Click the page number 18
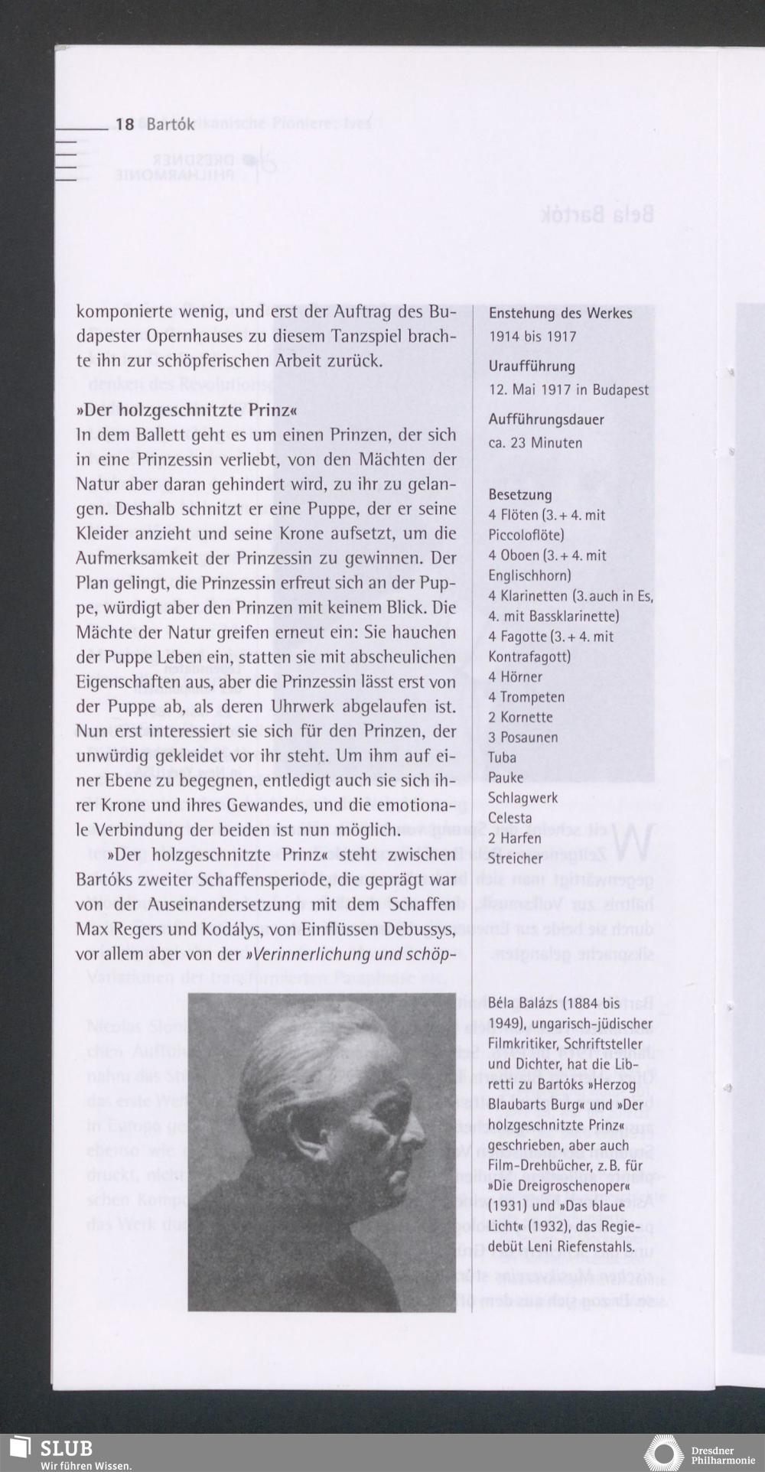(125, 124)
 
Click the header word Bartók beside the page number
(170, 124)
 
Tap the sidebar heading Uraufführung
(532, 366)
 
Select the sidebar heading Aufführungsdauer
(546, 420)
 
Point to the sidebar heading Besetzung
(519, 495)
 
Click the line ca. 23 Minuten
(535, 443)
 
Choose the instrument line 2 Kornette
(520, 718)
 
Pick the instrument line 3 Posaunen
(523, 738)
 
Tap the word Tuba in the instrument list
(502, 757)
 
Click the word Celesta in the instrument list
(509, 818)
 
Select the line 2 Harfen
(515, 839)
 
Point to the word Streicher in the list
(515, 858)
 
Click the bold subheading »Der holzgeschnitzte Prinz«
(186, 411)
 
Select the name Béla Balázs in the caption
(523, 1004)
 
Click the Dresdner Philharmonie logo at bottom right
(663, 1453)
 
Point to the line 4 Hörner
(515, 677)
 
